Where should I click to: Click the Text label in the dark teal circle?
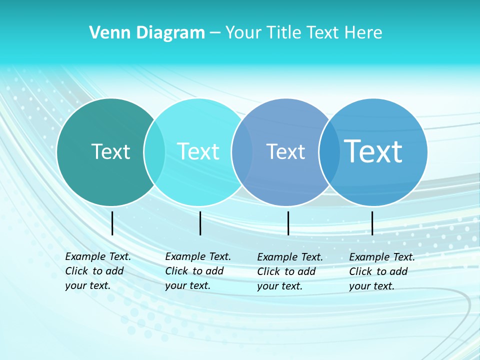[x=110, y=151]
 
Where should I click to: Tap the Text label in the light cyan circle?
[x=198, y=151]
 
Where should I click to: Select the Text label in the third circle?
[x=285, y=151]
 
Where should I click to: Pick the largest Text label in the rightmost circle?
[x=373, y=151]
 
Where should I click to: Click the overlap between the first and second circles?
[x=154, y=152]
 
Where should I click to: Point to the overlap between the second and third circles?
[x=242, y=152]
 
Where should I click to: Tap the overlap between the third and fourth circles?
[x=329, y=152]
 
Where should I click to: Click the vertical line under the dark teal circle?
[x=112, y=223]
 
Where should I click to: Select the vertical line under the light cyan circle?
[x=200, y=223]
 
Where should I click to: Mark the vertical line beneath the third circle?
[x=288, y=223]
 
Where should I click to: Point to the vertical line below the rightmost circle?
[x=372, y=223]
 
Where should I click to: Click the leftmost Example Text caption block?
[x=97, y=271]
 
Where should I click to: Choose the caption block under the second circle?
[x=197, y=271]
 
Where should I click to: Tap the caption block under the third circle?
[x=289, y=271]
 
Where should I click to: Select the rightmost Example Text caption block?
[x=381, y=271]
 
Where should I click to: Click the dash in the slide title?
[x=215, y=33]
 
